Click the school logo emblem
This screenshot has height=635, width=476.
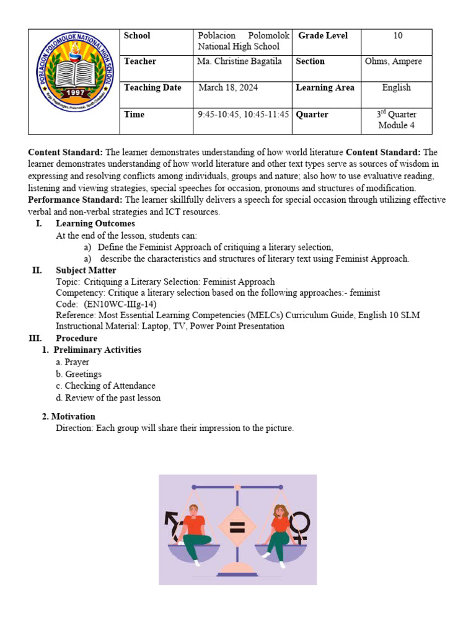point(74,81)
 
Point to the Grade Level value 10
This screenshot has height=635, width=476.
point(397,36)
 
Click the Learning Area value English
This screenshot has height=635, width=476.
point(396,87)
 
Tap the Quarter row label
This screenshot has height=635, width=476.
point(312,115)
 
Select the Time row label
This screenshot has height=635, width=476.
point(134,115)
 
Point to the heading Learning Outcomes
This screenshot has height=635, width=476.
point(95,223)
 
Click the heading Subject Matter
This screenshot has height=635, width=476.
point(86,270)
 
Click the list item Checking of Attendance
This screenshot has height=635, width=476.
point(110,386)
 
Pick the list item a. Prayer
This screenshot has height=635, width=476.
point(73,362)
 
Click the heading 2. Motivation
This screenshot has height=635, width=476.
point(68,417)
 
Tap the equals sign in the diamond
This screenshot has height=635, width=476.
point(237,528)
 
